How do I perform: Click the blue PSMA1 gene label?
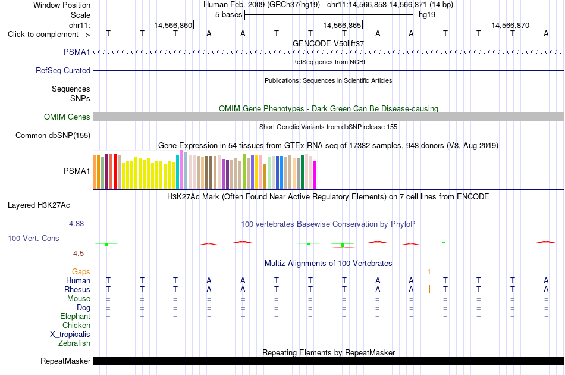pyautogui.click(x=77, y=52)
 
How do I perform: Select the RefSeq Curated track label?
pyautogui.click(x=63, y=71)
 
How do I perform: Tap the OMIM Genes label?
pyautogui.click(x=67, y=117)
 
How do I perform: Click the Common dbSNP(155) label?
pyautogui.click(x=53, y=136)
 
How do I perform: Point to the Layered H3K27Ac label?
pyautogui.click(x=39, y=205)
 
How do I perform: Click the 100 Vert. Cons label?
pyautogui.click(x=33, y=238)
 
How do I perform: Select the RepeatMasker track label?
pyautogui.click(x=65, y=361)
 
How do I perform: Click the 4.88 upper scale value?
pyautogui.click(x=76, y=224)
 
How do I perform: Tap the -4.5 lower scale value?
pyautogui.click(x=77, y=254)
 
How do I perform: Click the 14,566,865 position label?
pyautogui.click(x=342, y=25)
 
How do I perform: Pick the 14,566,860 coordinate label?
pyautogui.click(x=173, y=25)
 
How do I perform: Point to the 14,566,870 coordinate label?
pyautogui.click(x=511, y=25)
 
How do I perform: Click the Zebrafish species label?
pyautogui.click(x=74, y=343)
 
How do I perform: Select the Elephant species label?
pyautogui.click(x=76, y=316)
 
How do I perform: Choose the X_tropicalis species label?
pyautogui.click(x=70, y=335)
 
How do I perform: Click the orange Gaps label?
pyautogui.click(x=81, y=271)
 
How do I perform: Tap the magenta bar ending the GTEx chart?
pyautogui.click(x=315, y=175)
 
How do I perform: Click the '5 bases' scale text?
pyautogui.click(x=229, y=15)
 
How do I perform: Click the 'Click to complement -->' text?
pyautogui.click(x=49, y=35)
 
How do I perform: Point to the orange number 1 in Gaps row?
pyautogui.click(x=429, y=272)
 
